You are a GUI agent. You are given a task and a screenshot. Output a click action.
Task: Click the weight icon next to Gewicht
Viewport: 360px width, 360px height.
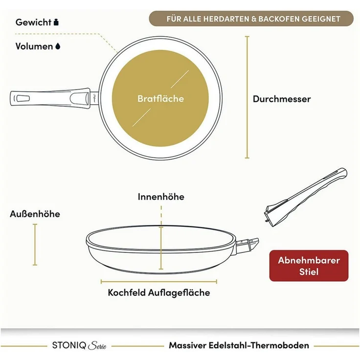(x=56, y=22)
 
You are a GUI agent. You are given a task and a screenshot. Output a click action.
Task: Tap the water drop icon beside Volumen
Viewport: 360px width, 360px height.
(x=58, y=46)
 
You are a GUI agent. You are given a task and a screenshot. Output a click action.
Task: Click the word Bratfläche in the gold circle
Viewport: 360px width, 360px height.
(x=161, y=98)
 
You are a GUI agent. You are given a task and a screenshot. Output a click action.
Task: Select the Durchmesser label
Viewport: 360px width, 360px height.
(x=282, y=99)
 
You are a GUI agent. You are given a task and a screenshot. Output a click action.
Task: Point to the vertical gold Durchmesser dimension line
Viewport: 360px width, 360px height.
(x=247, y=97)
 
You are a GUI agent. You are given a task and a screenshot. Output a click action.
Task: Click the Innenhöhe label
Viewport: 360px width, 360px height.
(x=161, y=197)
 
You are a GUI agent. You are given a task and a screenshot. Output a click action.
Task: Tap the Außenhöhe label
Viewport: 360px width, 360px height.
(x=35, y=214)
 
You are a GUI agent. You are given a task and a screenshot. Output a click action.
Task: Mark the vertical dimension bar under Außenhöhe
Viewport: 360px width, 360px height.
(x=35, y=245)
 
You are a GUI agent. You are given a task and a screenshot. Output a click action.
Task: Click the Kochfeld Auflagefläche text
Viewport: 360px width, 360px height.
(x=159, y=292)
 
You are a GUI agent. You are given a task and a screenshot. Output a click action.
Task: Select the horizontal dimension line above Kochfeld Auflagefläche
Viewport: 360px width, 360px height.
(x=159, y=281)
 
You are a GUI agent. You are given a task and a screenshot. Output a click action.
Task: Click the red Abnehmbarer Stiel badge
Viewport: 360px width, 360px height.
(x=309, y=266)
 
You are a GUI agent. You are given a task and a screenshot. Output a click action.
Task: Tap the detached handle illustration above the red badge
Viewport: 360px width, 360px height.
(x=305, y=198)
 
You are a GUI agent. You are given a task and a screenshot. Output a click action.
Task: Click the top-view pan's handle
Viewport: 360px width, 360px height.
(x=54, y=98)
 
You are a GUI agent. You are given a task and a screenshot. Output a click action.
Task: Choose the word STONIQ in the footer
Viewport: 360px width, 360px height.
(x=69, y=345)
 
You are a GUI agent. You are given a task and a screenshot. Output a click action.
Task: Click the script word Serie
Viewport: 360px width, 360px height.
(x=97, y=346)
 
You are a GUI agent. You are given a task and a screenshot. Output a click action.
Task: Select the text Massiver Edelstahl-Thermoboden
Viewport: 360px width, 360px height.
(x=239, y=345)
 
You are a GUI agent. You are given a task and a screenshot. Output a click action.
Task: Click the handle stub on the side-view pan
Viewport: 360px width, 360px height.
(x=247, y=245)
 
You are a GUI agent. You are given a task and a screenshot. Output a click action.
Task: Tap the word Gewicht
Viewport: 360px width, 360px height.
(x=34, y=22)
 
